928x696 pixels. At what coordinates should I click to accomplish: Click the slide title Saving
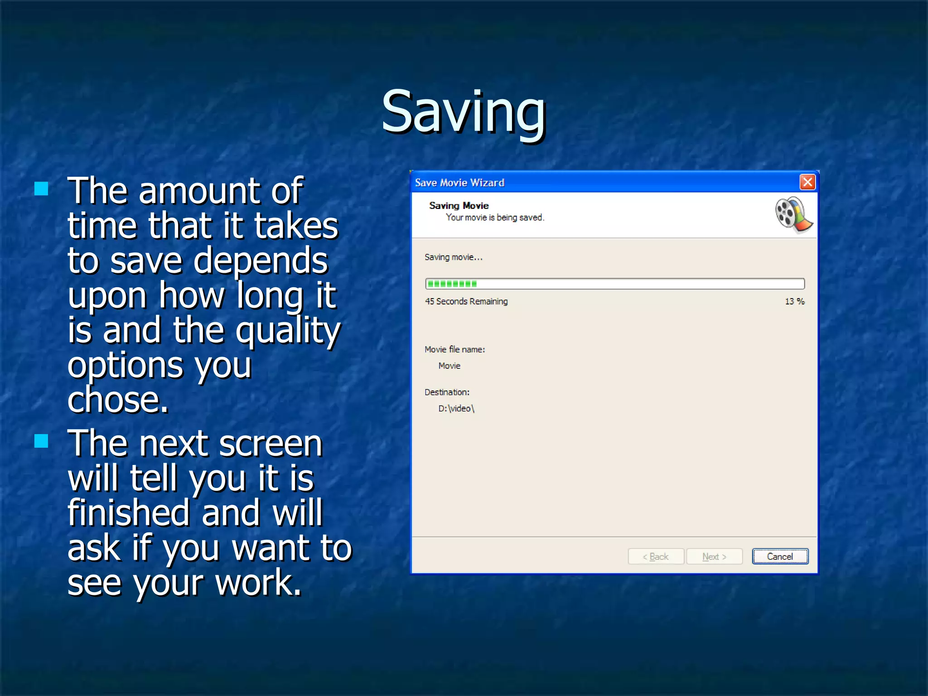463,112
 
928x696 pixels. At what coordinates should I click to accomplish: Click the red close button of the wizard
807,182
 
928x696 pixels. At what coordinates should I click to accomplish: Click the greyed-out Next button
714,556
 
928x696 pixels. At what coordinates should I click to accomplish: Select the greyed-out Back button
656,556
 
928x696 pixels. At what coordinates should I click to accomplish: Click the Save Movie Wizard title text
459,183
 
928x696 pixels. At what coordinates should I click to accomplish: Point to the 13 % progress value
794,301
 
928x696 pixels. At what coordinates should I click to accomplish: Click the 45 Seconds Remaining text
466,301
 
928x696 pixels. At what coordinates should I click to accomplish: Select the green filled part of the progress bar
452,284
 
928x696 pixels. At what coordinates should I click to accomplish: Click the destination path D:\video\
456,408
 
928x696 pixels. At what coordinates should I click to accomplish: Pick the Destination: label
447,392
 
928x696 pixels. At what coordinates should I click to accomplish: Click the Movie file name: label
454,349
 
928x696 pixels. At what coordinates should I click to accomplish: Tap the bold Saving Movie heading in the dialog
459,206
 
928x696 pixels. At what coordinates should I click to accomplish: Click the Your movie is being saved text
495,217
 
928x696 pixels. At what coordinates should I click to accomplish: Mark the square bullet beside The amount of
41,188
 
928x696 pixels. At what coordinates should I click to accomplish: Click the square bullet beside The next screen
41,440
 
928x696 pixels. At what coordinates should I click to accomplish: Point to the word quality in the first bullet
288,331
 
